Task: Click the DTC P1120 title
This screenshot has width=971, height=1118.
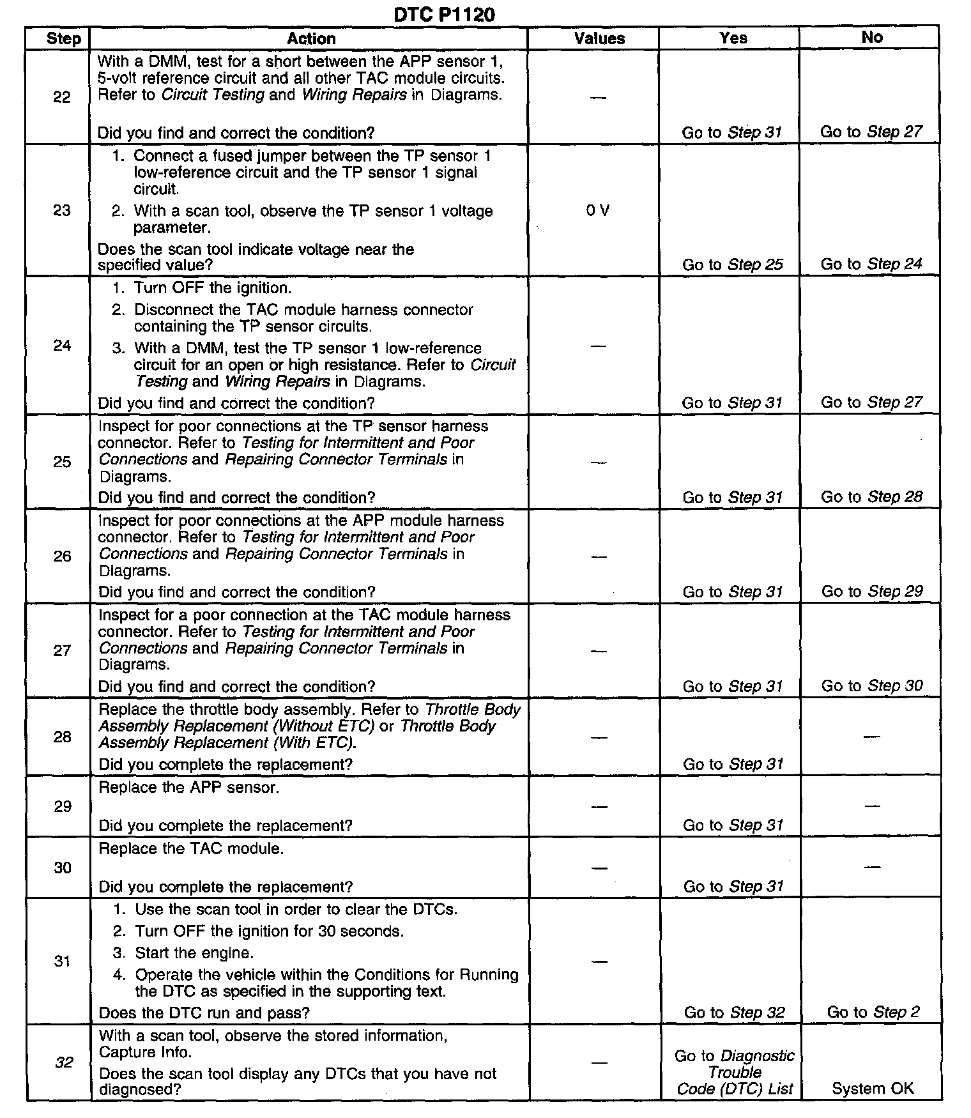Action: point(444,14)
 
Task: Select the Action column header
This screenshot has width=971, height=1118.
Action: point(311,38)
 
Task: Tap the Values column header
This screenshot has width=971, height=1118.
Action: point(599,38)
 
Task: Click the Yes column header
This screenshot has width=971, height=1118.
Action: point(733,38)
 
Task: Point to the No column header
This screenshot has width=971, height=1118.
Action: point(872,37)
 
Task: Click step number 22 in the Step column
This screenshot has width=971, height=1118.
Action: point(62,97)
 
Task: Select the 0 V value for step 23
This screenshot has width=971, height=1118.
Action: point(598,210)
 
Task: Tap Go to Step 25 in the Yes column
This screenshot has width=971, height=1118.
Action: point(733,264)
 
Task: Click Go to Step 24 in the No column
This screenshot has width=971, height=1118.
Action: point(871,264)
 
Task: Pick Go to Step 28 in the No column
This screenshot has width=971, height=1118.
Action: point(872,496)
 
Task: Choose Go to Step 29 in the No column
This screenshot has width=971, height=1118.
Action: point(872,591)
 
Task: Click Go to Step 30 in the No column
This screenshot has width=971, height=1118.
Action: point(872,685)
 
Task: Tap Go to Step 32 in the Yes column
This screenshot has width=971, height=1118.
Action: point(734,1013)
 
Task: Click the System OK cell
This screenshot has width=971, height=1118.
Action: point(873,1089)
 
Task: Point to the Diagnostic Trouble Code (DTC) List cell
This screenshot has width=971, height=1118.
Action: point(735,1072)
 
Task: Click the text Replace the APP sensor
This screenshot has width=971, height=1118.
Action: point(189,787)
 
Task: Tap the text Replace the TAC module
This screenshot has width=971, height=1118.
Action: point(191,848)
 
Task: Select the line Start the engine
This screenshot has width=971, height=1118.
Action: point(194,953)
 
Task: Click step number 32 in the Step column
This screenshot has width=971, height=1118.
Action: point(64,1062)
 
